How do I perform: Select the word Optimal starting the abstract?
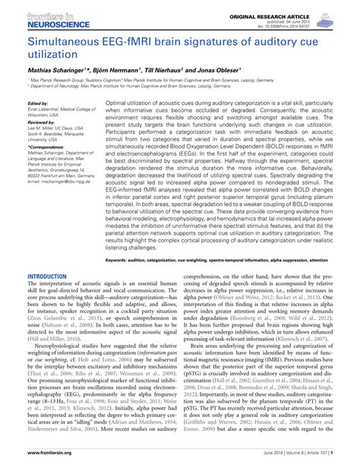pos(117,101)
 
